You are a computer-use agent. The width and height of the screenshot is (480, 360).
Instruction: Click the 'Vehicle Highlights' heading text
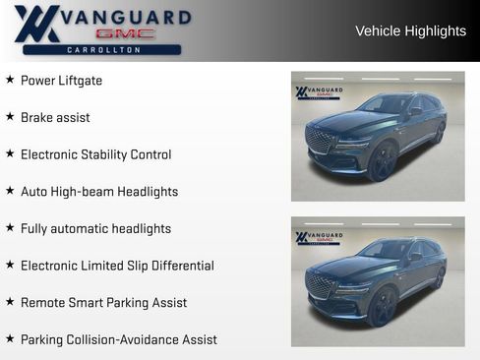(410, 31)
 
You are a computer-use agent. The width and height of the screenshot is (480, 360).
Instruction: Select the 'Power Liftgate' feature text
(61, 81)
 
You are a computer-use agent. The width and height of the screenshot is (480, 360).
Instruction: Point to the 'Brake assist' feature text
(55, 118)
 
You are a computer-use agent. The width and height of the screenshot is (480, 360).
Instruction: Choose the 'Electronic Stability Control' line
(95, 154)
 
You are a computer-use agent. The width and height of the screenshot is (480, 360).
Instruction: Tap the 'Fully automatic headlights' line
(95, 229)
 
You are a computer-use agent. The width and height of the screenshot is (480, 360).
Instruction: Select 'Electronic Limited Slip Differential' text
(117, 266)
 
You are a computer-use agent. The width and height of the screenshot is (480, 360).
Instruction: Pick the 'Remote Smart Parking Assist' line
(103, 303)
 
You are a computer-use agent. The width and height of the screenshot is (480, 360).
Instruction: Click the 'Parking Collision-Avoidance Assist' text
(118, 339)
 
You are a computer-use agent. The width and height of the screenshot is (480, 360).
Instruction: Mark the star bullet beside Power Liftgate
(10, 80)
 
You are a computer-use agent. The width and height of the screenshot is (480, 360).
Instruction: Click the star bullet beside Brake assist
(10, 117)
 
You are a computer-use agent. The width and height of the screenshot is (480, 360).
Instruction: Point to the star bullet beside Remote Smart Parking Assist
(10, 302)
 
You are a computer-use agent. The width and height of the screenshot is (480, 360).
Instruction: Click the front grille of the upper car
(321, 139)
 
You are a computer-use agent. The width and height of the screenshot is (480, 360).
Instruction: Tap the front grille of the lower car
(321, 285)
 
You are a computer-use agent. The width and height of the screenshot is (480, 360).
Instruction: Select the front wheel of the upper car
(381, 161)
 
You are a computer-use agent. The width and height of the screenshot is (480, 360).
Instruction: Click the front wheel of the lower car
(381, 307)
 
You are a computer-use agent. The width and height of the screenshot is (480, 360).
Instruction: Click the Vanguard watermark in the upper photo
(319, 92)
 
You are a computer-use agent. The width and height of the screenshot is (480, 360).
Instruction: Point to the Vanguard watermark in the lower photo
(319, 238)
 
